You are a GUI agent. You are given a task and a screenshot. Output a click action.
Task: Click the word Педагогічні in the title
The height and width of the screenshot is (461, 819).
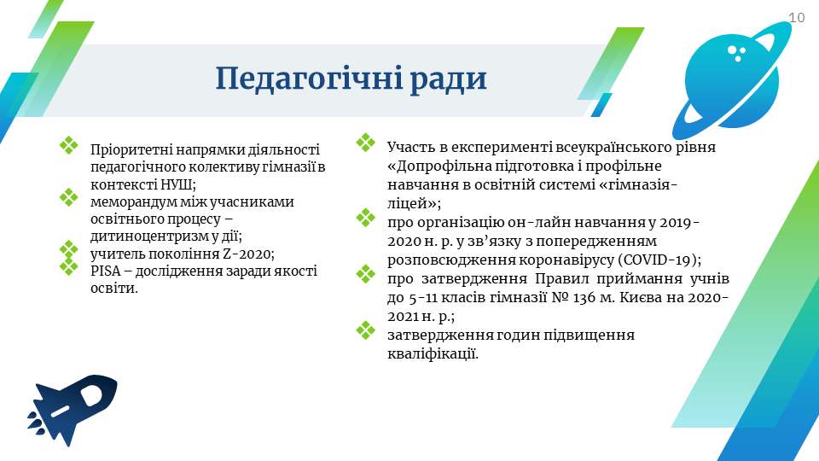click(x=309, y=79)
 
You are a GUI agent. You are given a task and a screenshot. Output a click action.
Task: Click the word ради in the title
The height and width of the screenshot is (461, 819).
click(x=448, y=79)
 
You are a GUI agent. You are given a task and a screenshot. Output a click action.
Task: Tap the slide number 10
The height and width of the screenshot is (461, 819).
click(x=797, y=18)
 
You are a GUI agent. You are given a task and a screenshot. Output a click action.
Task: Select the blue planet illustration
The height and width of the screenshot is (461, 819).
click(x=731, y=81)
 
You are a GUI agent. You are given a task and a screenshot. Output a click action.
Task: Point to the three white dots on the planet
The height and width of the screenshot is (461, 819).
click(x=736, y=53)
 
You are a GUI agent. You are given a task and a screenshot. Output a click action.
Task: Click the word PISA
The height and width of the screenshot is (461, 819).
click(x=105, y=271)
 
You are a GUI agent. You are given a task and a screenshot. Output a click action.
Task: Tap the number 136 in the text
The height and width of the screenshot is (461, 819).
click(x=584, y=297)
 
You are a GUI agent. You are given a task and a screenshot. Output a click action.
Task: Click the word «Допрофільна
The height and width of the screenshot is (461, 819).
click(x=439, y=166)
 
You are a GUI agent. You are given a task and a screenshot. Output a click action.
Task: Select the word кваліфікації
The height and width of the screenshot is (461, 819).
click(x=433, y=353)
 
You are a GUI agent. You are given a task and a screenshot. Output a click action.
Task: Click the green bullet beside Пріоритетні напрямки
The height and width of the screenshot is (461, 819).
click(x=68, y=145)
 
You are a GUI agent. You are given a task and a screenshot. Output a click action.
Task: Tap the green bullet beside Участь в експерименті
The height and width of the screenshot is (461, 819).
click(x=366, y=143)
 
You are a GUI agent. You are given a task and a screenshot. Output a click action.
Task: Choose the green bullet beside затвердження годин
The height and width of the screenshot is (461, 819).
click(x=366, y=330)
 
